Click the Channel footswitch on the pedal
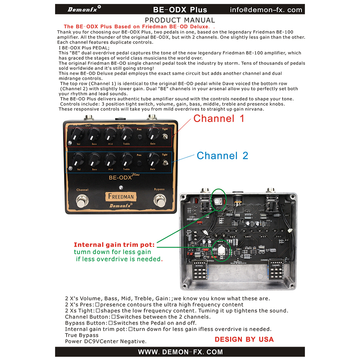[82, 201]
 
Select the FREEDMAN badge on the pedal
[121, 197]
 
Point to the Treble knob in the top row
[126, 135]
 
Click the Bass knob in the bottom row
[94, 158]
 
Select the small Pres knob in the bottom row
[139, 163]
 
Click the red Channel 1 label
[219, 118]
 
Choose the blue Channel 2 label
[222, 156]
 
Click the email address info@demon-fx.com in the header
[266, 10]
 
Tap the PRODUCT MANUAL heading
[180, 20]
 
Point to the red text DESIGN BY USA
[244, 339]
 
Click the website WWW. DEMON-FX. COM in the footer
[180, 352]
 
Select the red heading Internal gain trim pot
[115, 245]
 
